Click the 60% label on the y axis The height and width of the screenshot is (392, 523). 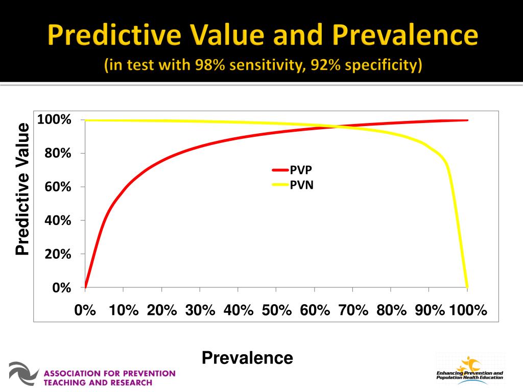pos(58,187)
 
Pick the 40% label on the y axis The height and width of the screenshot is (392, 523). pos(58,220)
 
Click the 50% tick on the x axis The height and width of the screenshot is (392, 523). pos(276,290)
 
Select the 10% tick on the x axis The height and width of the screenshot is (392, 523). pos(124,290)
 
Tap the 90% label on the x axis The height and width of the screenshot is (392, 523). pos(430,310)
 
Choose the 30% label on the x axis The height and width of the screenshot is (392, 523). pos(200,310)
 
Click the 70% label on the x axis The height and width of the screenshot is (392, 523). pos(353,310)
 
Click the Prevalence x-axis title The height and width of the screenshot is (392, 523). pos(247,358)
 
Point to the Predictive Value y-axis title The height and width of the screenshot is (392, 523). pos(22,189)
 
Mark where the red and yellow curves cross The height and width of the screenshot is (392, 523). pos(337,126)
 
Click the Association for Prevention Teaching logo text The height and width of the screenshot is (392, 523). pos(109,378)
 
